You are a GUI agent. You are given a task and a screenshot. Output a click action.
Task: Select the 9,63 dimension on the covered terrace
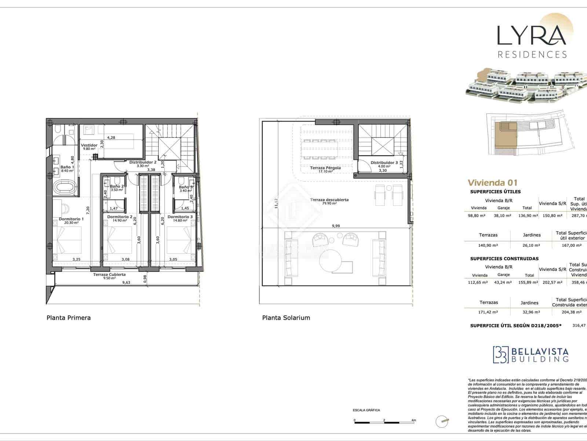pos(126,283)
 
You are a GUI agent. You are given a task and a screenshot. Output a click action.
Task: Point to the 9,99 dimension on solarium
pos(335,226)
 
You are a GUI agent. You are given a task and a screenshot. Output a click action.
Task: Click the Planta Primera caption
pos(69,318)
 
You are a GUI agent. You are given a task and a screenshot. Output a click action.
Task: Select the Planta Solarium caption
pos(286,318)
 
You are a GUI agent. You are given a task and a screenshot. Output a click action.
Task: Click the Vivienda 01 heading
pos(492,183)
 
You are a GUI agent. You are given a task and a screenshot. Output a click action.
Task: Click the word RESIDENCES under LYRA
pos(532,55)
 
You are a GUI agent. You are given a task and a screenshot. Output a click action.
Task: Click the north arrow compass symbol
pos(442,422)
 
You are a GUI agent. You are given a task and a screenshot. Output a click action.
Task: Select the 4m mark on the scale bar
pos(413,420)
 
